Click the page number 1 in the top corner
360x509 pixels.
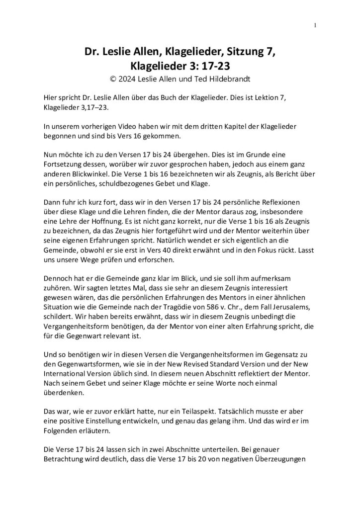coord(315,26)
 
